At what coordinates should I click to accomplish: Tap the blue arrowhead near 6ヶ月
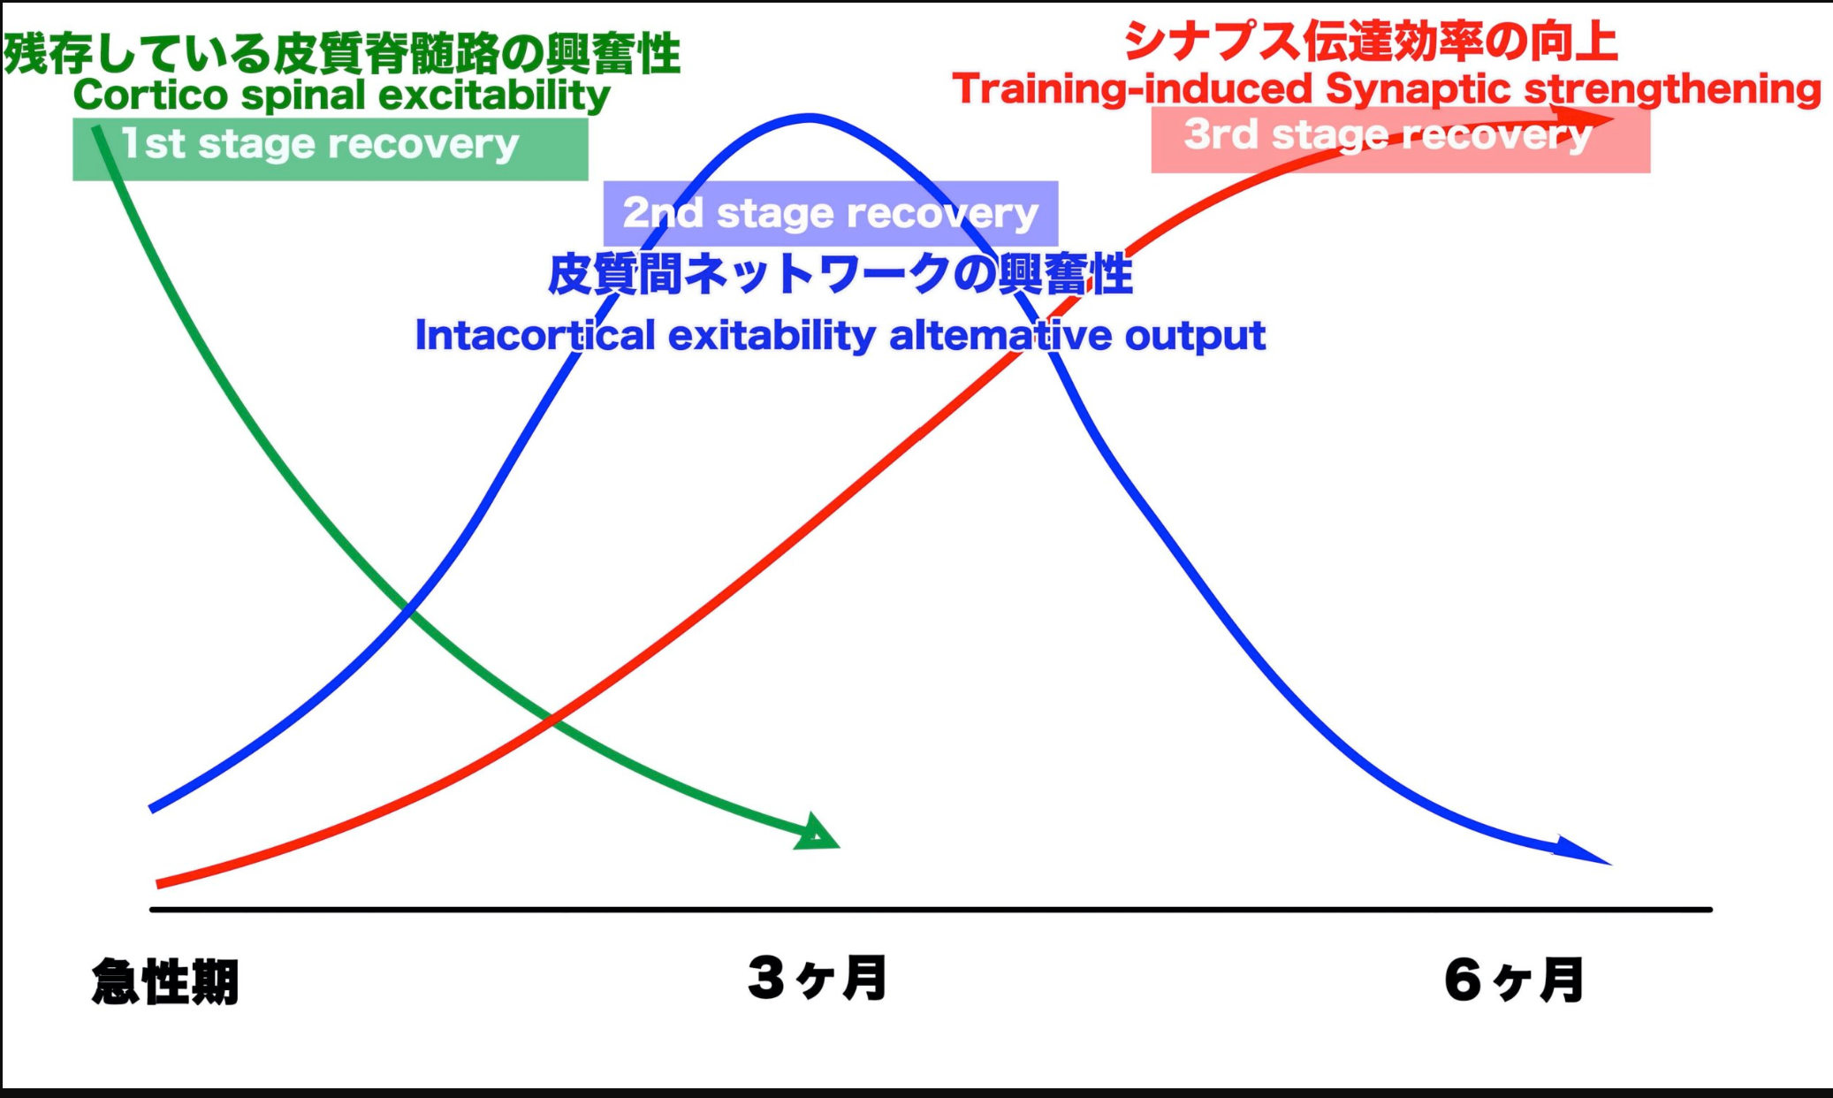pos(1582,850)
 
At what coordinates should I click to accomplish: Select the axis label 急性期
pos(165,981)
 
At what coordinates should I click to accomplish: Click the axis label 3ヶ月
pos(818,978)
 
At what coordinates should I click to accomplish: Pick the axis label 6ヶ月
pos(1514,980)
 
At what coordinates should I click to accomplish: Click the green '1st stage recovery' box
pos(331,149)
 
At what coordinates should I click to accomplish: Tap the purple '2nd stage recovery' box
pos(831,213)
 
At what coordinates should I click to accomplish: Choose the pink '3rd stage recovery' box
pos(1401,140)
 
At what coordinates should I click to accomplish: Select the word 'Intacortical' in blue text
pos(536,335)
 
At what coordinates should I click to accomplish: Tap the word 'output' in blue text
pos(1195,336)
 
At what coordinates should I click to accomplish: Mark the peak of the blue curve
pos(809,117)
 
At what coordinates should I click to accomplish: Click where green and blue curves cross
pos(407,609)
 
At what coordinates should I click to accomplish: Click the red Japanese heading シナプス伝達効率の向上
pos(1371,42)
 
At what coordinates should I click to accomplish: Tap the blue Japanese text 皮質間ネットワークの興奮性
pos(840,273)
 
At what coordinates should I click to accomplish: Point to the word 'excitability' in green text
pos(494,95)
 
